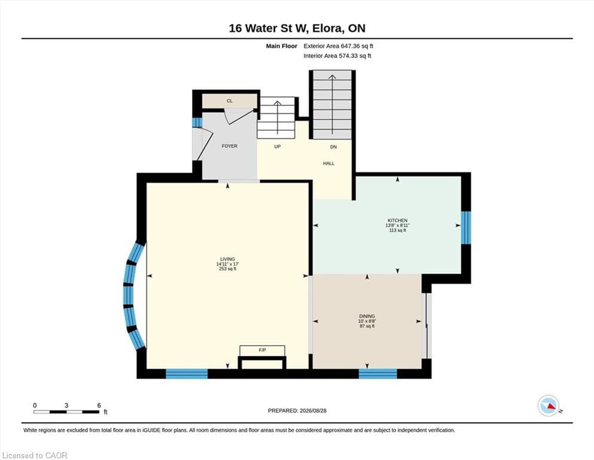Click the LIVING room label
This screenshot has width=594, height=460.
(228, 259)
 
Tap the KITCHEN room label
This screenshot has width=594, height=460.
(397, 220)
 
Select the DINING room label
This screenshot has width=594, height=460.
(367, 316)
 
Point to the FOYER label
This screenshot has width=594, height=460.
(230, 146)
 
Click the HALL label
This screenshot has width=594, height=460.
(329, 164)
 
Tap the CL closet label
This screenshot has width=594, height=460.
(230, 101)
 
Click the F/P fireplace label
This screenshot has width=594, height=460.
(262, 350)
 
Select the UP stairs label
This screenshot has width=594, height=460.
(278, 147)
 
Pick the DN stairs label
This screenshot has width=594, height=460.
(333, 147)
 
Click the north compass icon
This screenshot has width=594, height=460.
(548, 405)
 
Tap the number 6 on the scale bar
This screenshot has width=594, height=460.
(99, 405)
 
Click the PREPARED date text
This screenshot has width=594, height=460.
(297, 411)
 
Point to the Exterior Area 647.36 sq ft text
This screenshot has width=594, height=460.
(339, 46)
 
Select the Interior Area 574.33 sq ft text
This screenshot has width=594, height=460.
(337, 56)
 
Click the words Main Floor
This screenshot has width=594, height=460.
(282, 46)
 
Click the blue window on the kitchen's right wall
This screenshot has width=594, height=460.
(465, 228)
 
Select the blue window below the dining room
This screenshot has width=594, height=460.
(377, 374)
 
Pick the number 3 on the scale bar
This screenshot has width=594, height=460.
(66, 405)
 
